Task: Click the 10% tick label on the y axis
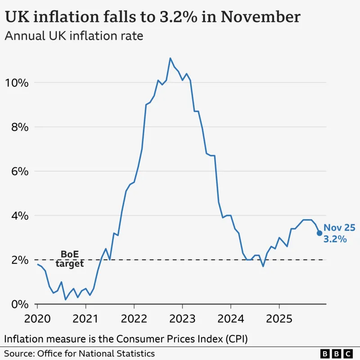click(x=17, y=83)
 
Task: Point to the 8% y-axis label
click(x=20, y=127)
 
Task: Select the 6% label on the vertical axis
click(x=20, y=171)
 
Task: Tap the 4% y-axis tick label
click(x=20, y=216)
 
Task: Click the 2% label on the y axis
click(x=20, y=260)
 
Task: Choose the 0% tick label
click(x=20, y=304)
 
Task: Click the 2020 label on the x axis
click(x=37, y=319)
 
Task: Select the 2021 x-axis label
click(x=85, y=319)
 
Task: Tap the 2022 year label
click(x=134, y=319)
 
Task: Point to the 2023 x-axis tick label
click(x=182, y=319)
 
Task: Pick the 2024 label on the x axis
click(x=230, y=319)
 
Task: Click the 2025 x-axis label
click(x=279, y=319)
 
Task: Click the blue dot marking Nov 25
click(x=319, y=233)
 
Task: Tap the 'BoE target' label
click(x=70, y=259)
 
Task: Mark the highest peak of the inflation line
click(x=170, y=58)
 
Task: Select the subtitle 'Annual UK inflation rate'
click(x=74, y=36)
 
